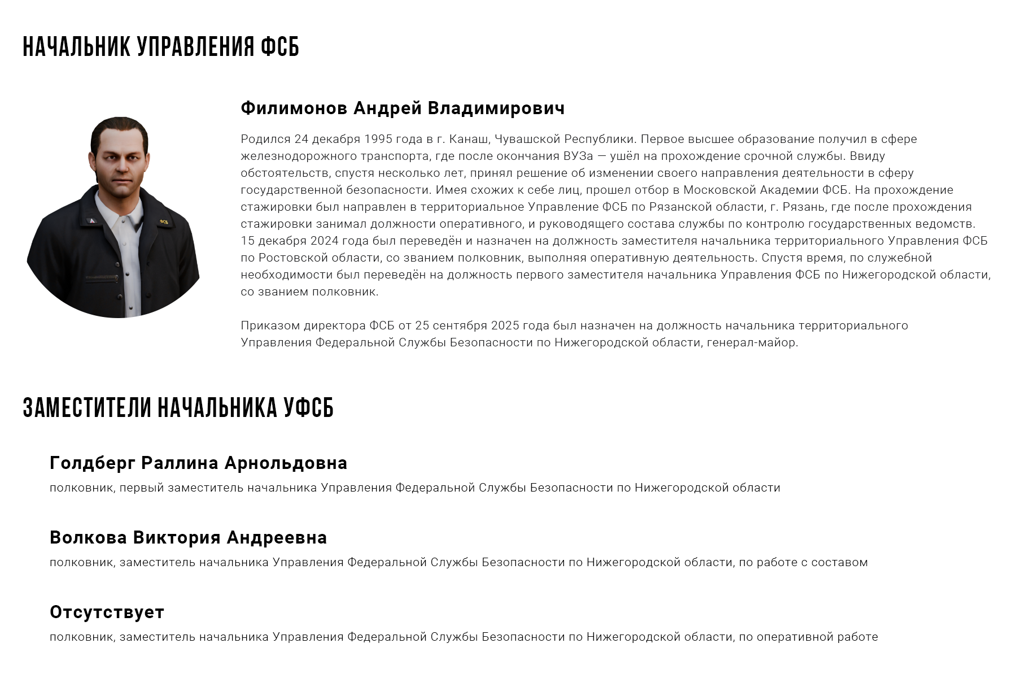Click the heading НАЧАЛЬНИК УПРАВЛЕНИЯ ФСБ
click(x=161, y=47)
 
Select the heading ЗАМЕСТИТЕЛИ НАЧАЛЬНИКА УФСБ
click(x=178, y=408)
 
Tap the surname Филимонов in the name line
click(x=294, y=108)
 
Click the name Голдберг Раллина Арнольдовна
click(x=198, y=463)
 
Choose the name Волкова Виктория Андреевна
click(x=188, y=537)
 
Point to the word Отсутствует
click(x=107, y=612)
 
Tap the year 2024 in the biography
click(x=324, y=241)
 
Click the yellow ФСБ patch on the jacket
click(x=164, y=221)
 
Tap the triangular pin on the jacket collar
click(x=90, y=220)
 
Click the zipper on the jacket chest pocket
click(x=102, y=278)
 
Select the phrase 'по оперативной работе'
click(x=808, y=637)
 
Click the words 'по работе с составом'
click(x=803, y=562)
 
